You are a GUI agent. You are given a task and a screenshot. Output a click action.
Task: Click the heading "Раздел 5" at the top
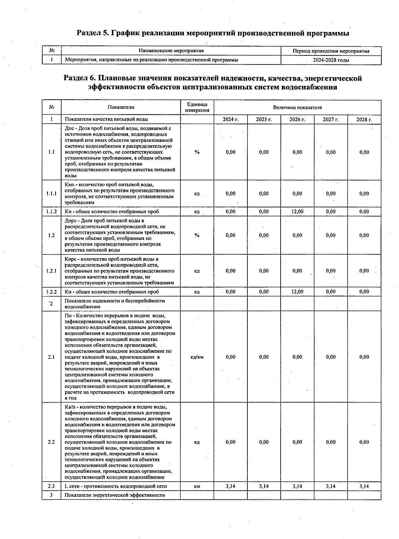click(x=213, y=33)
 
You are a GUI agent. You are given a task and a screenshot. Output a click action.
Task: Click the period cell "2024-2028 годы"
click(x=331, y=60)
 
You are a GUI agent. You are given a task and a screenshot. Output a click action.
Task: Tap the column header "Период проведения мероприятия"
click(x=331, y=51)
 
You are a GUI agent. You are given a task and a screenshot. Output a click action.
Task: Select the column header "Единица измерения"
click(x=197, y=107)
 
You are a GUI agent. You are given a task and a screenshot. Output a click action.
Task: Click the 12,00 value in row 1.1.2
click(x=297, y=211)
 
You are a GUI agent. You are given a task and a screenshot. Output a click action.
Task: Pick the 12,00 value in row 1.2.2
click(x=297, y=292)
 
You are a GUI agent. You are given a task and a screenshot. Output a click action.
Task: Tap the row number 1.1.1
click(x=52, y=193)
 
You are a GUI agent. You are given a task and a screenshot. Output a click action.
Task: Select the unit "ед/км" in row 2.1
click(x=197, y=357)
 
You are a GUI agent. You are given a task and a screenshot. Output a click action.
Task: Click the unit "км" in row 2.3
click(x=197, y=486)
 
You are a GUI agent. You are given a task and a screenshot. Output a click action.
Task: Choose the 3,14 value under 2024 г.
click(x=230, y=486)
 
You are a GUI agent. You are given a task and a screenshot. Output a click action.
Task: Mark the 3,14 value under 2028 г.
click(x=364, y=486)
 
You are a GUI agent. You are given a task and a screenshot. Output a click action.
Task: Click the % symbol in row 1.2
click(x=197, y=235)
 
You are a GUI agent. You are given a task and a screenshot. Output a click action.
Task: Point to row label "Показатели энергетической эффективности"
click(x=115, y=495)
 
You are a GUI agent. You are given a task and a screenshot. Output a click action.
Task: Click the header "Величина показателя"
click(x=297, y=107)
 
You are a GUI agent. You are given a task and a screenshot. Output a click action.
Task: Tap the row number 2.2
click(x=52, y=442)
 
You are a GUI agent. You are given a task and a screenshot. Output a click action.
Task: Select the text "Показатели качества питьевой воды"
click(x=106, y=119)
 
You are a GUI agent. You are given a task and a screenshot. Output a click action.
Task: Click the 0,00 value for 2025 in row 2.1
click(x=264, y=357)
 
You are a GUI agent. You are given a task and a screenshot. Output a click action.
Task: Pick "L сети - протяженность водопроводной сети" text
click(x=116, y=486)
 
